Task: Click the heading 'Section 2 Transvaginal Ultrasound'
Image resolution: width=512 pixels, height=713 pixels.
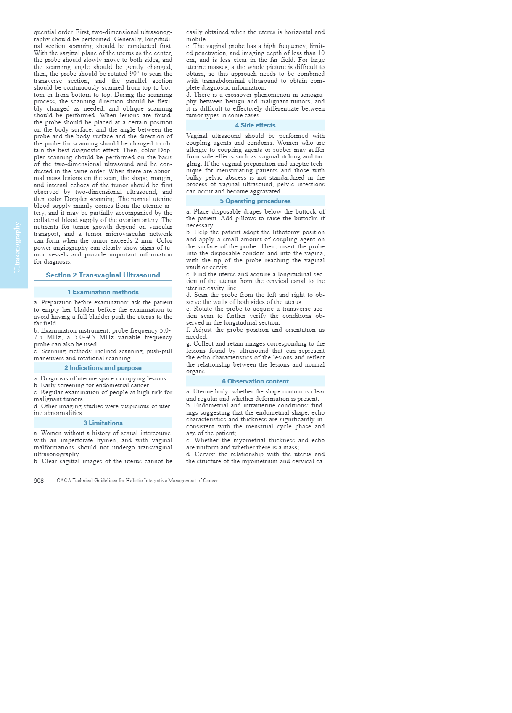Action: [x=103, y=275]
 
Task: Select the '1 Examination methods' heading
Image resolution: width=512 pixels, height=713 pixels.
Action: [x=103, y=292]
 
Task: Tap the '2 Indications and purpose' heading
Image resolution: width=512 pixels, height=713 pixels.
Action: [x=103, y=368]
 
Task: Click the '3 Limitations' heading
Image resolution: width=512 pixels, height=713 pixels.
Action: [x=103, y=423]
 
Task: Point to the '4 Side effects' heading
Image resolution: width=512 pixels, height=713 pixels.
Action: [x=255, y=125]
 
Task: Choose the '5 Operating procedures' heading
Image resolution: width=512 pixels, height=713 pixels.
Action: [x=255, y=201]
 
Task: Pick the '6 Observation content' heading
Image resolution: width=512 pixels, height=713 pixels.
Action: [x=255, y=381]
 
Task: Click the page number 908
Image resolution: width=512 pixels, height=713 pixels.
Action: [x=39, y=481]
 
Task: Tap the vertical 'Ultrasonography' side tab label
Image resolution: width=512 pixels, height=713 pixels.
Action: [x=17, y=247]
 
